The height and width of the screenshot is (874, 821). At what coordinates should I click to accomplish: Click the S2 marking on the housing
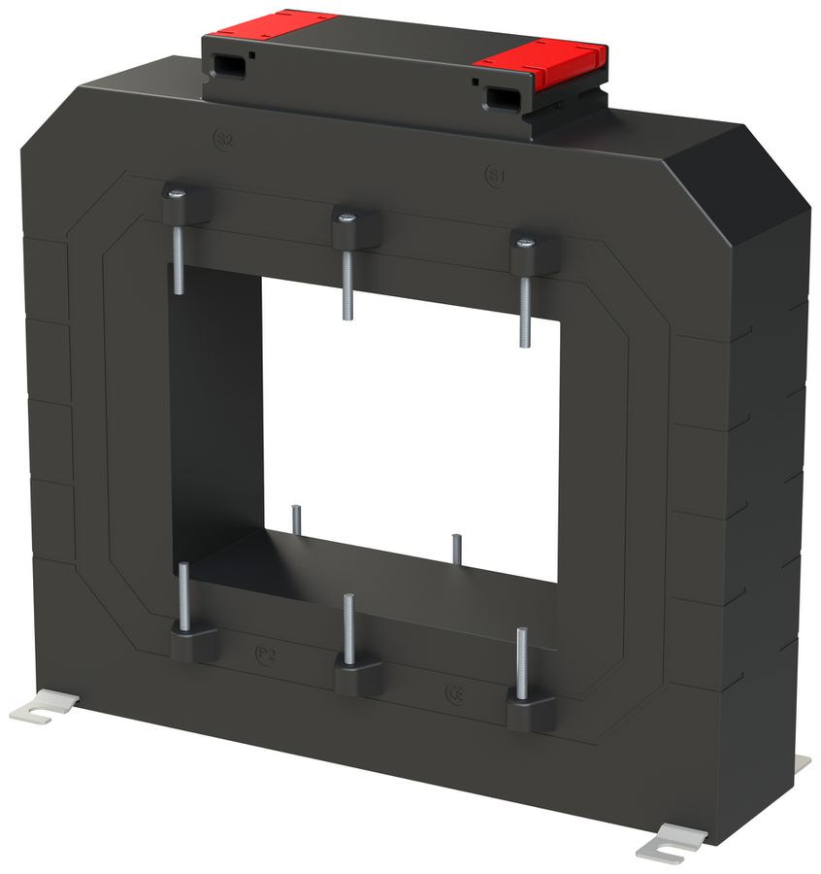(223, 140)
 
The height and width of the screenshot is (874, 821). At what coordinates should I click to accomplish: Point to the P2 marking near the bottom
(266, 655)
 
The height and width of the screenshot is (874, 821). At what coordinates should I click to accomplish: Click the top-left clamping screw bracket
(186, 202)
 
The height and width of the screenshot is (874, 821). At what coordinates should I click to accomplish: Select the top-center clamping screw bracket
(355, 229)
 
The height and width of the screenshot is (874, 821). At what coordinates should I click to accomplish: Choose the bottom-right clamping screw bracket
(531, 712)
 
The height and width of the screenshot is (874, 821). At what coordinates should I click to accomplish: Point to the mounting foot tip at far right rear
(802, 764)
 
